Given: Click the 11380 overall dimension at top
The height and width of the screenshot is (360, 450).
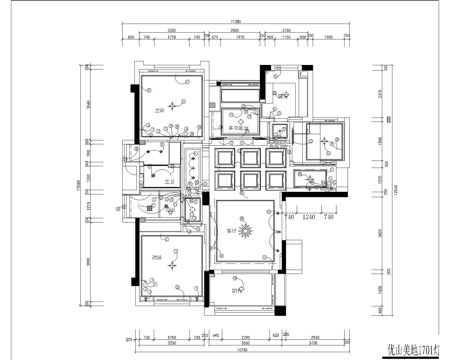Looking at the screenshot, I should [x=236, y=21].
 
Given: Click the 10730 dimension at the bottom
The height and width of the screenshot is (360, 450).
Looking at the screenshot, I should [x=242, y=350].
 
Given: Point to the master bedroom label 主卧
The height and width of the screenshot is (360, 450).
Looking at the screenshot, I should [x=159, y=111].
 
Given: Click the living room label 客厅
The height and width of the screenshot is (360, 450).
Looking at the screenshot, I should [x=231, y=231].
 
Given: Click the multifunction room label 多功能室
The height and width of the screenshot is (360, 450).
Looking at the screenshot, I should [x=238, y=128].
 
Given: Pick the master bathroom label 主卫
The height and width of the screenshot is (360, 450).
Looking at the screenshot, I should [x=169, y=182].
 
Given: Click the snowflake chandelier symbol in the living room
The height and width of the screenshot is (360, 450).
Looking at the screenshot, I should [x=246, y=231].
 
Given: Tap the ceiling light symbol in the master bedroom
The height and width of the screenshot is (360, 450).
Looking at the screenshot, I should [x=172, y=106].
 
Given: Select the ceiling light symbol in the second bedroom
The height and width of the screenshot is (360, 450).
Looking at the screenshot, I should [x=172, y=265].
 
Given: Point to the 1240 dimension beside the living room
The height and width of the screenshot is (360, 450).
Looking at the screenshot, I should [x=309, y=217].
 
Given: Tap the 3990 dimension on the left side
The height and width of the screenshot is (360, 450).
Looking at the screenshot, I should [x=88, y=262].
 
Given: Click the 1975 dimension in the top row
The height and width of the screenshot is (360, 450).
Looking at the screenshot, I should [x=240, y=37].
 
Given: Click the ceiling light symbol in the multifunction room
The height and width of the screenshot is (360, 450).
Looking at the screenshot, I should [x=241, y=122].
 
